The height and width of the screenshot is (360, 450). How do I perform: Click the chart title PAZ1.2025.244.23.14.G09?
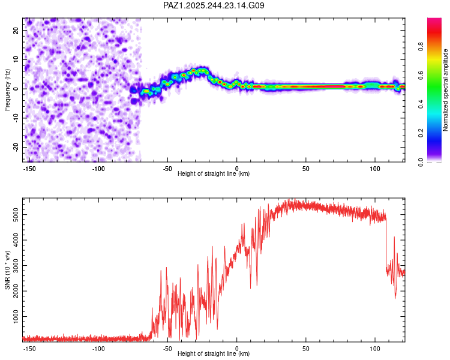coord(214,5)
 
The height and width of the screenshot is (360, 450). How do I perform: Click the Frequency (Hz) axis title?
coord(8,91)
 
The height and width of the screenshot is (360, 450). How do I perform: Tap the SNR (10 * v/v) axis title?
coord(8,270)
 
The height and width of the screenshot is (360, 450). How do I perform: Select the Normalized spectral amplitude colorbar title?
coord(446,91)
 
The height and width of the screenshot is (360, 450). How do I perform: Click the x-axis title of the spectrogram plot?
coord(214,174)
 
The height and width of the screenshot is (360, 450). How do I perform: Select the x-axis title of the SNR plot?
coord(214,354)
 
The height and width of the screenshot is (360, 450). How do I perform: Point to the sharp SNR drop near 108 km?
coord(386,246)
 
